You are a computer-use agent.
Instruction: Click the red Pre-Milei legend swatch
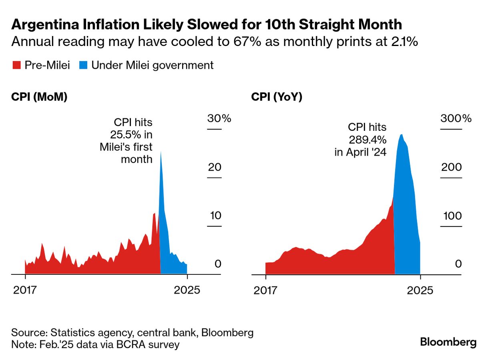[x=16, y=66]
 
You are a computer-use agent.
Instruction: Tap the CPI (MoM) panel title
[x=39, y=97]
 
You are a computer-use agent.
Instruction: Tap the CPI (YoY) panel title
[x=277, y=97]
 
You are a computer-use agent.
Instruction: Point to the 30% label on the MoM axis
[x=219, y=118]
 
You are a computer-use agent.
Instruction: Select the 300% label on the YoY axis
[x=456, y=118]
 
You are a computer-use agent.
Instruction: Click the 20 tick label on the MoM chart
[x=214, y=167]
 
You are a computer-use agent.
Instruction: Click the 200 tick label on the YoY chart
[x=451, y=167]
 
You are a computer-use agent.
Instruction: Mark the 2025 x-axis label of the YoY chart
[x=420, y=290]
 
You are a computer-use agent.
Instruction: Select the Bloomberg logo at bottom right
[x=448, y=342]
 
